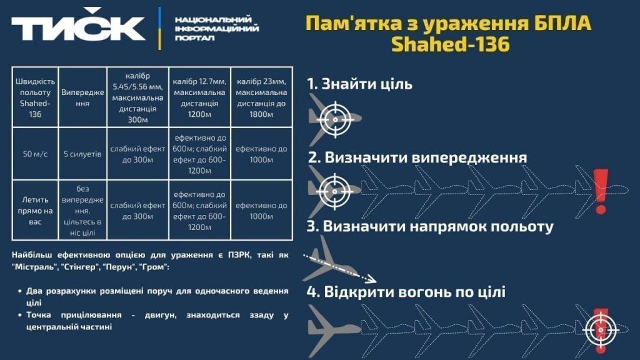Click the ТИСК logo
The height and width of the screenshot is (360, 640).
[78, 26]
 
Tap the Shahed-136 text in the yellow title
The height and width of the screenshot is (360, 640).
[451, 44]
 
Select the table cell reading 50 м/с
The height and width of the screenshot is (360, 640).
[35, 154]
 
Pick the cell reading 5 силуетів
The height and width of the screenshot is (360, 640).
[82, 154]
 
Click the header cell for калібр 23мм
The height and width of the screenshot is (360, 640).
[261, 97]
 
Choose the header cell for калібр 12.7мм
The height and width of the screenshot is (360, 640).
[199, 97]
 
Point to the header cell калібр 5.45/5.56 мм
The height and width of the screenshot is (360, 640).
[137, 97]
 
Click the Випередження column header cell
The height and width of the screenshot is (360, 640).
[82, 97]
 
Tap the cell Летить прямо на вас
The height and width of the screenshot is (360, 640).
[35, 210]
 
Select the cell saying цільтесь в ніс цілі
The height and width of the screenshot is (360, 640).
[82, 210]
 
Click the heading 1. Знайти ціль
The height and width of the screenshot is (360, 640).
[359, 84]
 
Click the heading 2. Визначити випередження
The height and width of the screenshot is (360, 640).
[417, 157]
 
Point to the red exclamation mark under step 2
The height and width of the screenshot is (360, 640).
[601, 191]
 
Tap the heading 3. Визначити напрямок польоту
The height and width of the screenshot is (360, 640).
[430, 226]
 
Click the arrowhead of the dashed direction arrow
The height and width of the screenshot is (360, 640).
[371, 279]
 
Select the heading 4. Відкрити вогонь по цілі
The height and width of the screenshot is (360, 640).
[406, 292]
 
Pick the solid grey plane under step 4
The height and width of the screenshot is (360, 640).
[334, 330]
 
